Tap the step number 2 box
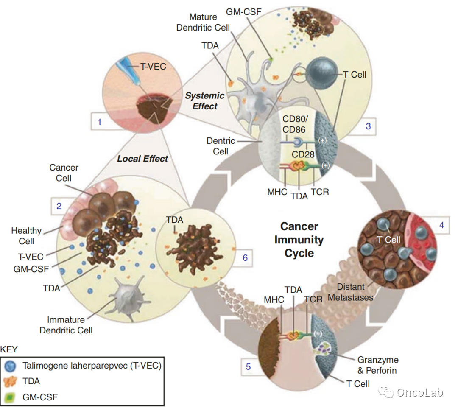59,207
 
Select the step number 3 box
368,126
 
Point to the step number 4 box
441,226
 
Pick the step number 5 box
248,366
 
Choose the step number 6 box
245,257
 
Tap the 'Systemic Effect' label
204,101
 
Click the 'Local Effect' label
142,159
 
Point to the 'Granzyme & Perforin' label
378,365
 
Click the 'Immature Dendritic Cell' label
66,324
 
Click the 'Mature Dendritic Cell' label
209,22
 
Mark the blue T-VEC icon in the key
11,366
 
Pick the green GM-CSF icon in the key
11,397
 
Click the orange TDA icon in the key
11,381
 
